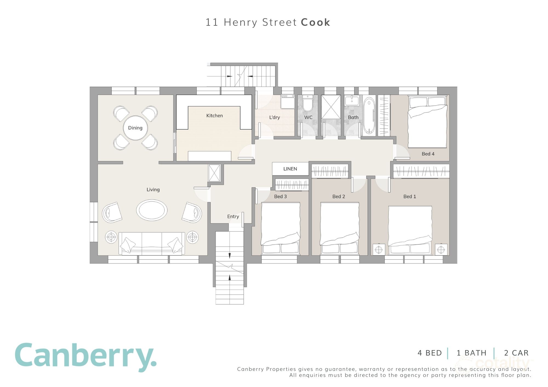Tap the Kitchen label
[215, 115]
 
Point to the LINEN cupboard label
[290, 169]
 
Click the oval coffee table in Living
[152, 210]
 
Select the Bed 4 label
[428, 154]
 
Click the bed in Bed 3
[280, 227]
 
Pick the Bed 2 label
[339, 197]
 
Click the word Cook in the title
[315, 22]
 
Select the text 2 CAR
[516, 353]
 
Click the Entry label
[233, 216]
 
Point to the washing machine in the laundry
[287, 102]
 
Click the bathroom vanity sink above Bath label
[352, 100]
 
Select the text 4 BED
[430, 353]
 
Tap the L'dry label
[275, 117]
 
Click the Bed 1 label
[410, 197]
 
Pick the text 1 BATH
[472, 353]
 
